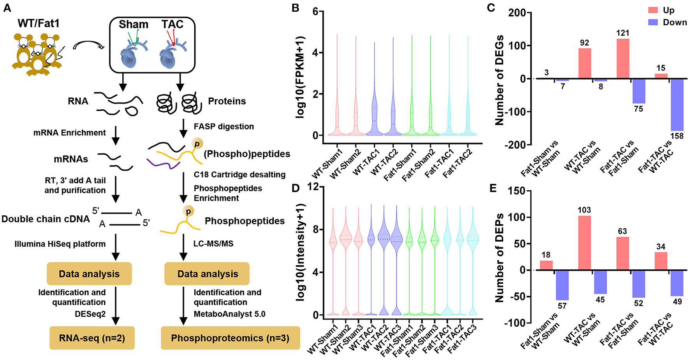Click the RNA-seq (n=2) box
(92, 338)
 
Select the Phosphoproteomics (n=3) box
(230, 338)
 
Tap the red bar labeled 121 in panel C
(623, 59)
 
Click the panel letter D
(296, 189)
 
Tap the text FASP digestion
(224, 126)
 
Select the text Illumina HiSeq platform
(60, 244)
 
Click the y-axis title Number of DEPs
(499, 257)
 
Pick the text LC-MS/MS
(213, 244)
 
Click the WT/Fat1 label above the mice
(39, 23)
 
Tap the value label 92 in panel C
(584, 43)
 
